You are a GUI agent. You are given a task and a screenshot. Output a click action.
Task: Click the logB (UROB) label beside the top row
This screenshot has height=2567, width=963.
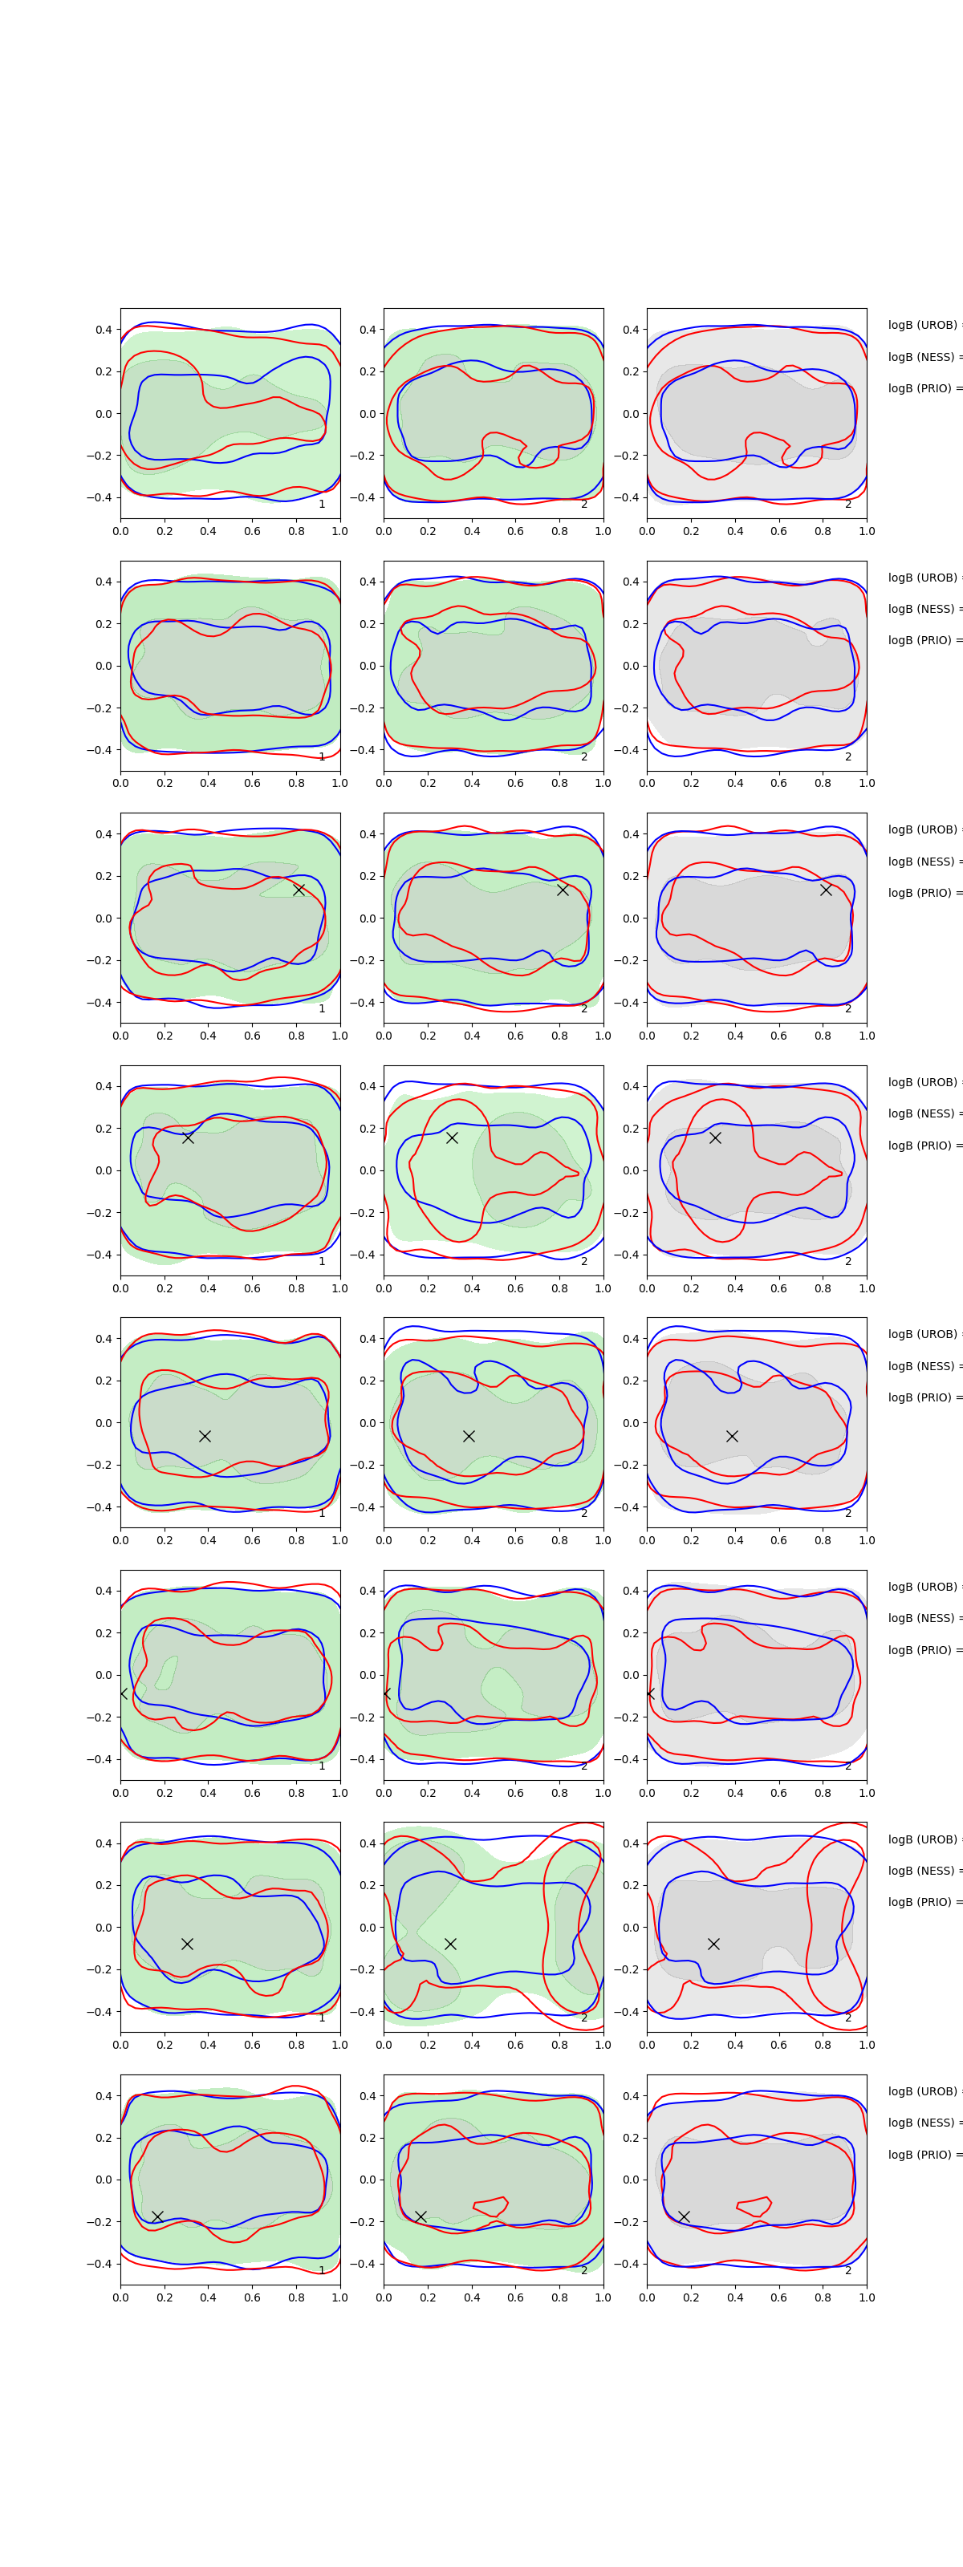point(923,325)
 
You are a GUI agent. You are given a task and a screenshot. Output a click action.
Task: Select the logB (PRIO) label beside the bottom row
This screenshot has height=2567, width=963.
point(923,2155)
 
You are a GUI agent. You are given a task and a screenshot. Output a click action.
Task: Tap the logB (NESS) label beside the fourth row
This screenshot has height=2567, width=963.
point(923,1113)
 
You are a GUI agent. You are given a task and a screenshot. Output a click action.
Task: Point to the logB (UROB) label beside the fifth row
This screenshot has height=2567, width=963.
point(923,1334)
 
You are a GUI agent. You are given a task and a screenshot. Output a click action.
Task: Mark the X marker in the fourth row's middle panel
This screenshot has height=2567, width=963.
point(452,1137)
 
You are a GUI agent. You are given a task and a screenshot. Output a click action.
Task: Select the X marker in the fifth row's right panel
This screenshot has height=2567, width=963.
point(732,1436)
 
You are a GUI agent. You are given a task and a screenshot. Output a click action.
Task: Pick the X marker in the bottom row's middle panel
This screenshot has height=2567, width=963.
point(421,2216)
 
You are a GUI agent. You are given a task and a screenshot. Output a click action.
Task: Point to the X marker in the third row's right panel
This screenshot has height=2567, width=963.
point(826,889)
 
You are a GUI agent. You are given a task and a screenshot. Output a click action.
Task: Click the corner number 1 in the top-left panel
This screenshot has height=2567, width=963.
point(321,505)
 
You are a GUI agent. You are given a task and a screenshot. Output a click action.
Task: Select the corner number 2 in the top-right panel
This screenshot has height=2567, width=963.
point(848,505)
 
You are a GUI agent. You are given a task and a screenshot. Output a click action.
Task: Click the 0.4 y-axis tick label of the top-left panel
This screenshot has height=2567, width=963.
point(104,330)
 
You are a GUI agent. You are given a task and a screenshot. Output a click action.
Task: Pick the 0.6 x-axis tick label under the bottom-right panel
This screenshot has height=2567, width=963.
point(778,2297)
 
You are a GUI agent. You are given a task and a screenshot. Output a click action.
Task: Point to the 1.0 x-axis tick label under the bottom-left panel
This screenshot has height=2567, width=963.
point(340,2297)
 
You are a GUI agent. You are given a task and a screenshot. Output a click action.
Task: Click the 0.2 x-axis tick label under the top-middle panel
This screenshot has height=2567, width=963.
point(428,531)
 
